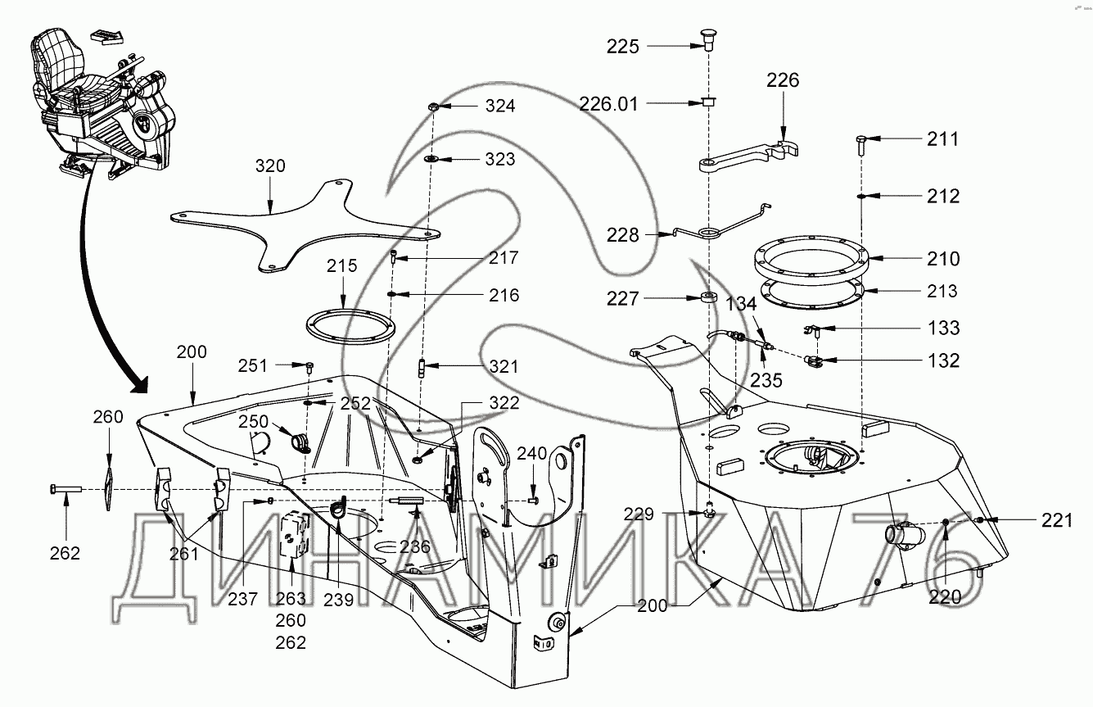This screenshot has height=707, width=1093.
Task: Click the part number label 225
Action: [622, 47]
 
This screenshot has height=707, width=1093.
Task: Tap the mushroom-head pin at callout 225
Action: [709, 39]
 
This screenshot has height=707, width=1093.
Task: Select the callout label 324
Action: [500, 107]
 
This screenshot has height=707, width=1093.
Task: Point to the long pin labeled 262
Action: [65, 489]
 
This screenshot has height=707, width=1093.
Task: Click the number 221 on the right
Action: [1056, 519]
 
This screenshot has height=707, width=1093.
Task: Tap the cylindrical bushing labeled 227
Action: [709, 296]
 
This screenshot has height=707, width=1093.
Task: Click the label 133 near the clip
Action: [943, 329]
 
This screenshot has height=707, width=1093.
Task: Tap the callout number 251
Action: [254, 365]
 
